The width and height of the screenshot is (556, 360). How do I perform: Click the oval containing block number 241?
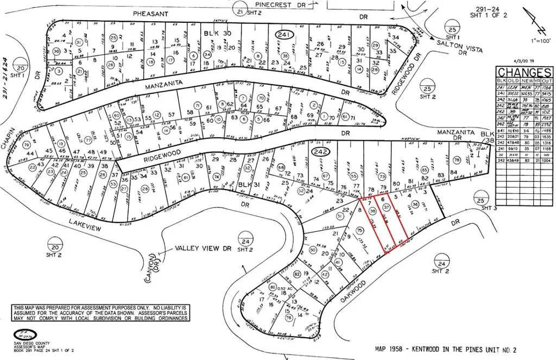[x=285, y=35]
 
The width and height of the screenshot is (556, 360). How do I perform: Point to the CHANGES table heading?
[x=525, y=73]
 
